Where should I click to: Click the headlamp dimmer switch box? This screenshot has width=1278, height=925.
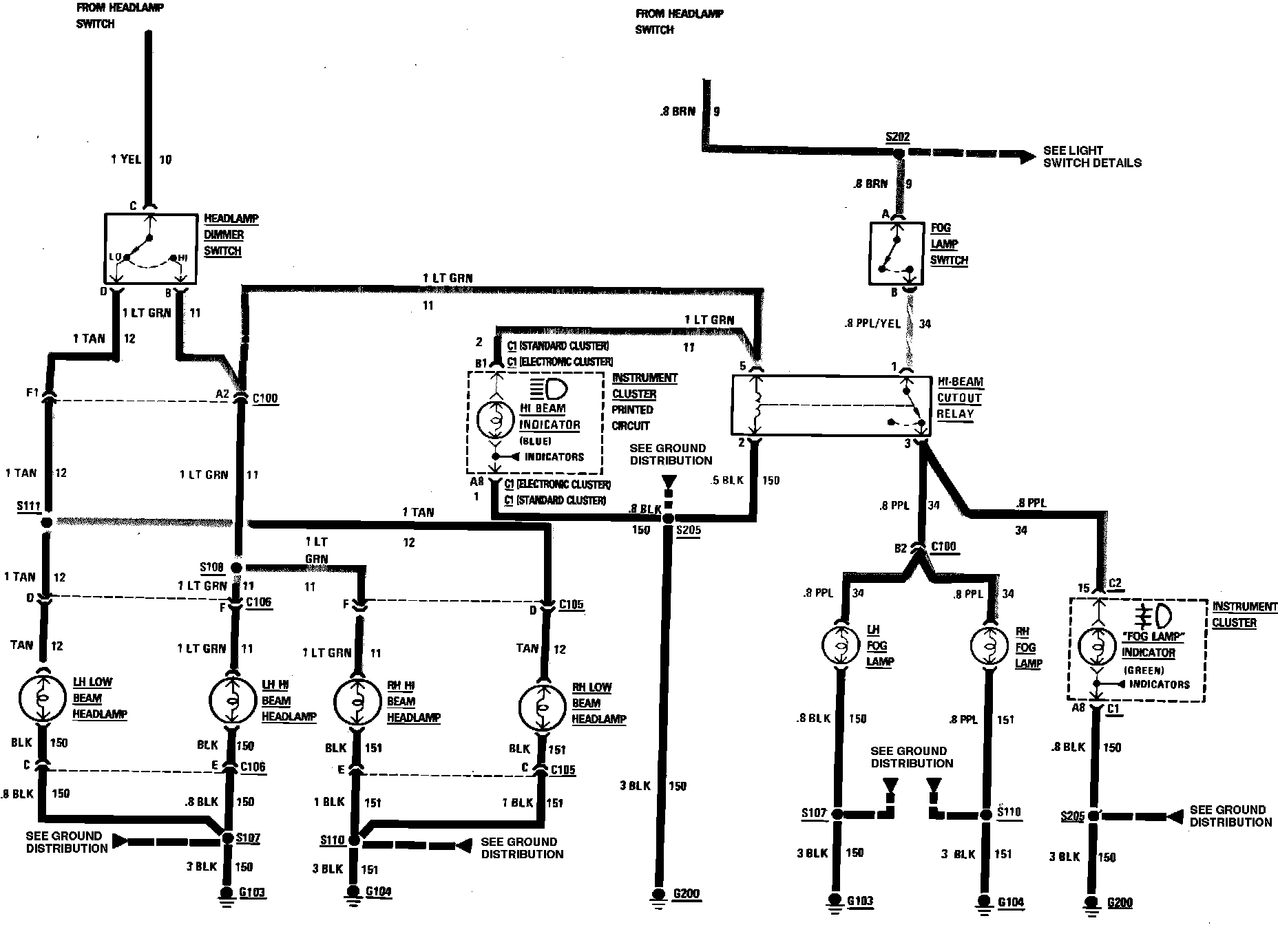tap(150, 248)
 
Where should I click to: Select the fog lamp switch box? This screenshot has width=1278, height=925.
tap(896, 253)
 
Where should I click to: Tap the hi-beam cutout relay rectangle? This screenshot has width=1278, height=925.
tap(830, 405)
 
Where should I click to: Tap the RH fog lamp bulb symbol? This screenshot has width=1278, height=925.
tap(989, 646)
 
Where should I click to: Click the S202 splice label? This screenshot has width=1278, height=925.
tap(897, 137)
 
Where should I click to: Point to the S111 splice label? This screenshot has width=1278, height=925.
tap(29, 506)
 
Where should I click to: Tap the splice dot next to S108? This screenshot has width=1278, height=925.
tap(236, 567)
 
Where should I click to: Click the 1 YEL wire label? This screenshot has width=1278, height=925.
tap(125, 160)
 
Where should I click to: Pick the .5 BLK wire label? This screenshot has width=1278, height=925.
tap(727, 480)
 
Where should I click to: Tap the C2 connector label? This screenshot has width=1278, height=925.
tap(1115, 584)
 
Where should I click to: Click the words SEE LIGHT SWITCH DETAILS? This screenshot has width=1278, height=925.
tap(1091, 156)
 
